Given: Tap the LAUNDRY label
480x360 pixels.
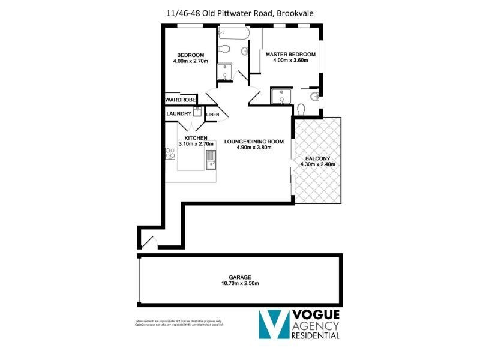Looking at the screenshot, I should point(179,113).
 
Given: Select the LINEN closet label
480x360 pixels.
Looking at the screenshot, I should point(212,115).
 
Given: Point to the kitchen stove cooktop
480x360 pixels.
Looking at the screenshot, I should point(170,154).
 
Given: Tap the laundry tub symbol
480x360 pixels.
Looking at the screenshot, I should point(197,112).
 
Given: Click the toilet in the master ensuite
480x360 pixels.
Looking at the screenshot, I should point(302,109).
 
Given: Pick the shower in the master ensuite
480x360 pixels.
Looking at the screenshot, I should point(280,97).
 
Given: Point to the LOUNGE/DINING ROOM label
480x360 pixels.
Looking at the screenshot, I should point(253,142).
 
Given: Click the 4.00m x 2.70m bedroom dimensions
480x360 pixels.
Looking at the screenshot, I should point(189,61).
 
